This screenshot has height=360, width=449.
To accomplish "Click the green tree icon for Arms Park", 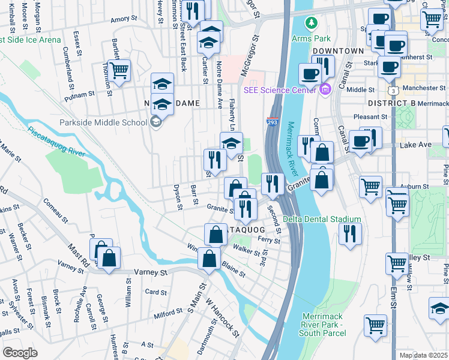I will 311,23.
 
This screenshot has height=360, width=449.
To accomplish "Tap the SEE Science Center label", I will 280,90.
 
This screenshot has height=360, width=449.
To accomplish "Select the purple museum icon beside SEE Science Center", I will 325,89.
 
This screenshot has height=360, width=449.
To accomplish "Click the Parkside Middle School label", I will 103,123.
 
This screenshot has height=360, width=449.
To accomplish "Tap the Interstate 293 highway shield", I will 271,121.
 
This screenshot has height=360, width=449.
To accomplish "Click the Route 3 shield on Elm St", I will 392,90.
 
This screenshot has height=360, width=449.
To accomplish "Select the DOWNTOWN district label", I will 338,51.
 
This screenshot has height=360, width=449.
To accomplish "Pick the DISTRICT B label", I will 392,103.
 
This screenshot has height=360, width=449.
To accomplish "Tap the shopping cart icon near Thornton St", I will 119,70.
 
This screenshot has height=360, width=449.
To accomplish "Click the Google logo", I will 20,352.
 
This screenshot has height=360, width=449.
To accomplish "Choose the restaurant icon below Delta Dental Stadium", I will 350,233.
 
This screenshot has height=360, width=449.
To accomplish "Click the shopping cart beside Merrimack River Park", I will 375,326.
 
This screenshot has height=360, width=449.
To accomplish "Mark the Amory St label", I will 120,19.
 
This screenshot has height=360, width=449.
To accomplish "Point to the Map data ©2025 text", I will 423,355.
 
